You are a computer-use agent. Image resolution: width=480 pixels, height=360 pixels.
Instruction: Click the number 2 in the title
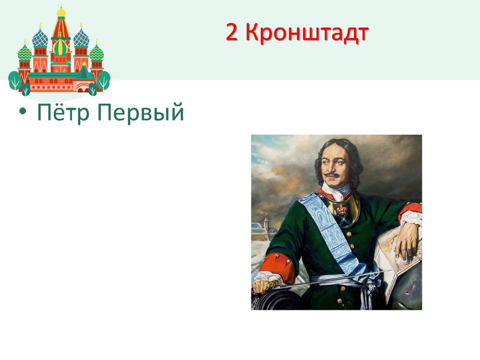point(233,33)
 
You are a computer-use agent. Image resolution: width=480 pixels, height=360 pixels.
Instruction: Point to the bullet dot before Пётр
point(22,112)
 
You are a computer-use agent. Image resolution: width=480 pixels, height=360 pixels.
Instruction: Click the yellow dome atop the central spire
point(61,12)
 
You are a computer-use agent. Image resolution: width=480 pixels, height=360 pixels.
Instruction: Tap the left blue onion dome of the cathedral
point(40,39)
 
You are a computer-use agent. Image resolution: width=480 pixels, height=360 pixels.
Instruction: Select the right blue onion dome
point(81,39)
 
